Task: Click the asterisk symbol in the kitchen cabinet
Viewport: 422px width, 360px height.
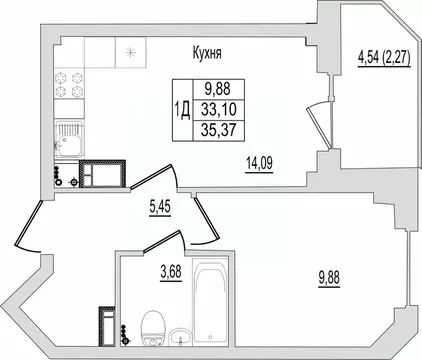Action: point(129,51)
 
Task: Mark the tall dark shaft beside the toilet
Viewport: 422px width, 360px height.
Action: point(107,321)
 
